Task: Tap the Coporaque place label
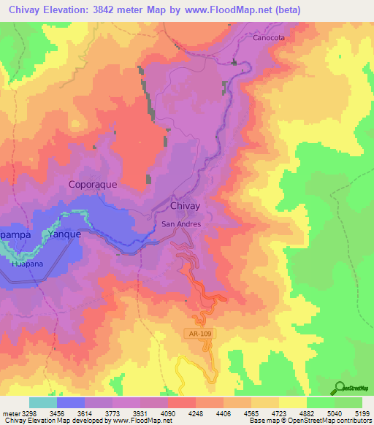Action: point(93,185)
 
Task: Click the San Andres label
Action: point(181,224)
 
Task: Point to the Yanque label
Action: point(64,234)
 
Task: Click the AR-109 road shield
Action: point(197,334)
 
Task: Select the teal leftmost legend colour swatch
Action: point(42,402)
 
